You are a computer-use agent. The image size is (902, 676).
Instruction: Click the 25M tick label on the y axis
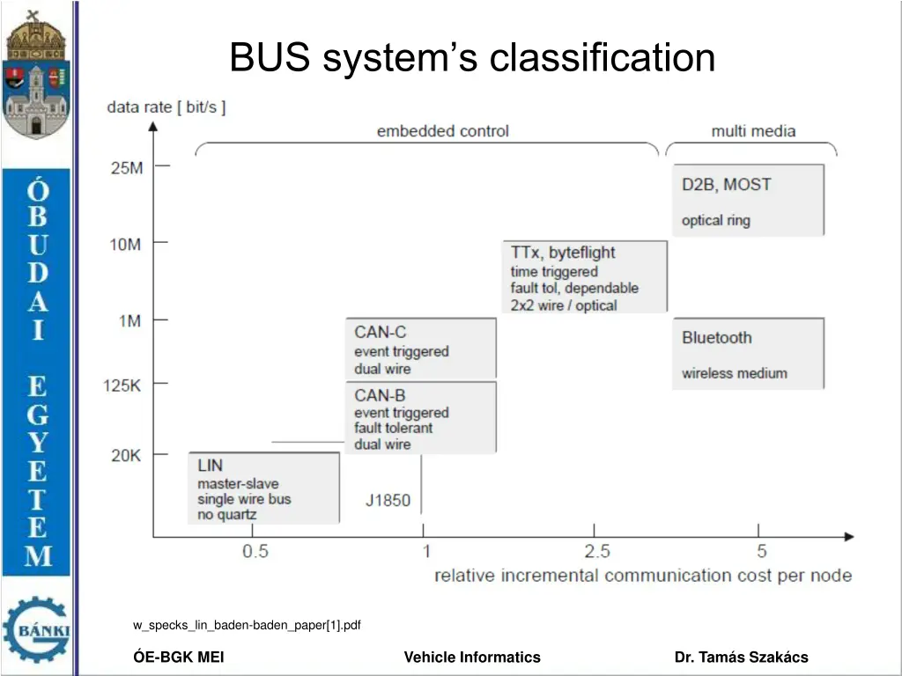[x=127, y=168]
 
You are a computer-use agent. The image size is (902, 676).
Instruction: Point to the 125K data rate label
[x=122, y=386]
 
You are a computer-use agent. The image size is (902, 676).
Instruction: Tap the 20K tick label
[x=126, y=455]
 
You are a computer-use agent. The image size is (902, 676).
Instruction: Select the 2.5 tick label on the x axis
[x=597, y=551]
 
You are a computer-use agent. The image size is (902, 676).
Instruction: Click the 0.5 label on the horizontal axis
[x=255, y=551]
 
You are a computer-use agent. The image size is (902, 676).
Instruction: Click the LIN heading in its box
[x=210, y=465]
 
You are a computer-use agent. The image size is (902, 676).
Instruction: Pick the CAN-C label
[x=381, y=332]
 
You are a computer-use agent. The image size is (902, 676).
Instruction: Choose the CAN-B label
[x=380, y=395]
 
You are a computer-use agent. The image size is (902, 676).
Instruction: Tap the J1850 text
[x=388, y=500]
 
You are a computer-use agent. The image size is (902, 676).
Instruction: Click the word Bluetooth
[x=717, y=337]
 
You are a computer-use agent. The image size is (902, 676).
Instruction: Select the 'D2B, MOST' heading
[x=726, y=185]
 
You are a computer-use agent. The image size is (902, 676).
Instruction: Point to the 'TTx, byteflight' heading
[x=563, y=253]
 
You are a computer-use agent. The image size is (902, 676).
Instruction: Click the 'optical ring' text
[x=715, y=220]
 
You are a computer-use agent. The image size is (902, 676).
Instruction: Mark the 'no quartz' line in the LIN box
[x=226, y=514]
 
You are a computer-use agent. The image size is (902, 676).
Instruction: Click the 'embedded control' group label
[x=443, y=131]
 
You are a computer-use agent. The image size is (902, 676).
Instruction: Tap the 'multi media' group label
[x=754, y=131]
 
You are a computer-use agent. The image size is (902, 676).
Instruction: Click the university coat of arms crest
[x=36, y=75]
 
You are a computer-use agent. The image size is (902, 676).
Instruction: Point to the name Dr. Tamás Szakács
[x=741, y=657]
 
